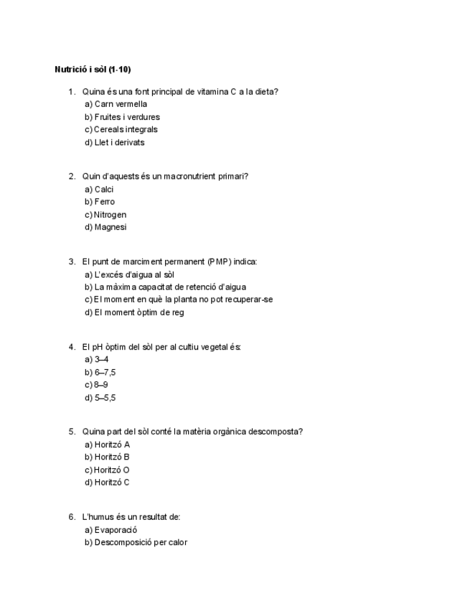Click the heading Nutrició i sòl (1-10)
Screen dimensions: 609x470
click(x=93, y=70)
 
